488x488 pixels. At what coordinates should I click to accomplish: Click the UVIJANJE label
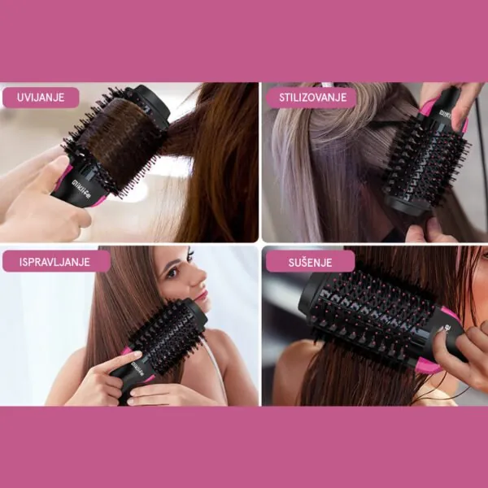[41, 98]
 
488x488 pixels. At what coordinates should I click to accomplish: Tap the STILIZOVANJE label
[312, 98]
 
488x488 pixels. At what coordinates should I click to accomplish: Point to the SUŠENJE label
[310, 262]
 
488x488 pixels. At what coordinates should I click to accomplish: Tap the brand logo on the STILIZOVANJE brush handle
[446, 114]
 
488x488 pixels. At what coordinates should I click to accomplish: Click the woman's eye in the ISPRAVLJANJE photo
[172, 273]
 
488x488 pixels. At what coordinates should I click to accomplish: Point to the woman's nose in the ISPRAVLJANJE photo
[198, 277]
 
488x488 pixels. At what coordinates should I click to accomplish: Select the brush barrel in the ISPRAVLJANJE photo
[168, 337]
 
